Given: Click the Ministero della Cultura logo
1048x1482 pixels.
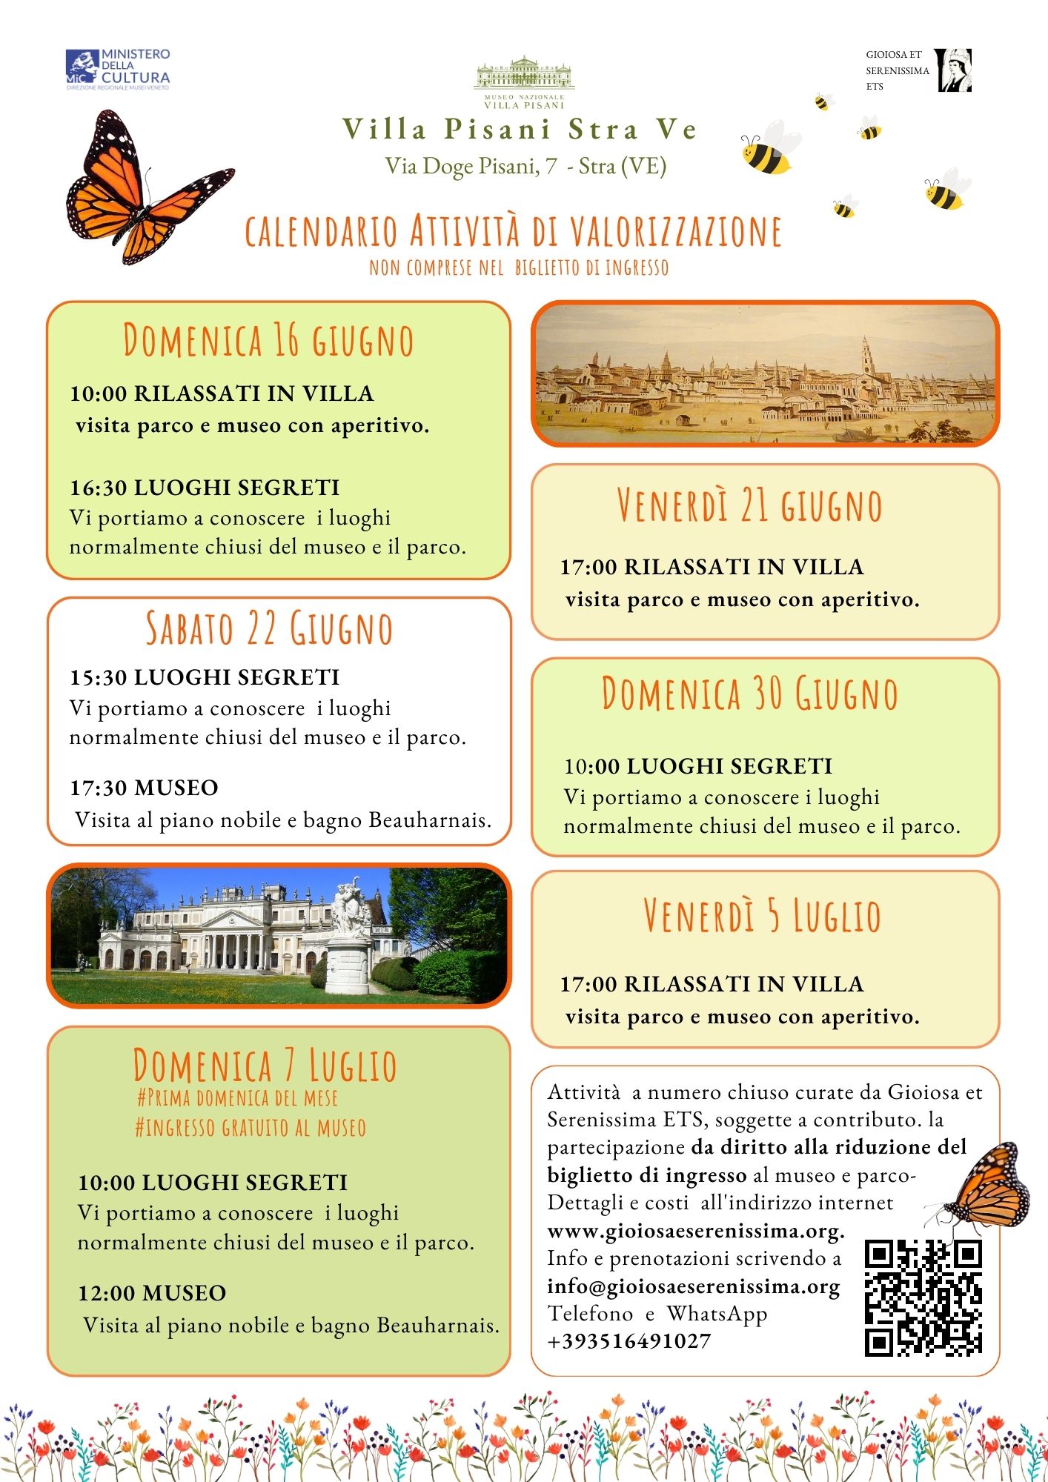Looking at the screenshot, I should point(118,70).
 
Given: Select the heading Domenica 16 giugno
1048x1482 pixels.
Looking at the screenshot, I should point(268,341).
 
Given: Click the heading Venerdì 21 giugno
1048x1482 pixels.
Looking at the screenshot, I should point(749,505).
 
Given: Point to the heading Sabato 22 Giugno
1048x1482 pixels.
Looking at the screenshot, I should point(268,628).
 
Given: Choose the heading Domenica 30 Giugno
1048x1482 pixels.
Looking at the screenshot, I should point(749,694).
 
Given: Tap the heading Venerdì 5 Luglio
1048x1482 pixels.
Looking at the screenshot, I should point(762,915).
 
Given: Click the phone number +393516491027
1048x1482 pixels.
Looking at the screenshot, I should point(629,1341).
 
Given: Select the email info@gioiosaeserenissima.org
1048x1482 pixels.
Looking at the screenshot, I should point(693,1286).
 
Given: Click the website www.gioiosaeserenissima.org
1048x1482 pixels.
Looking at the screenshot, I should point(695,1231).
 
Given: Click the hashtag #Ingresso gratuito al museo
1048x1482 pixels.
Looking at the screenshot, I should point(251,1128).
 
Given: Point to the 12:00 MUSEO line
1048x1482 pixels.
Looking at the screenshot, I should point(153,1293).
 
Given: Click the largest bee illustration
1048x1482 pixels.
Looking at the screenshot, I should point(769,149).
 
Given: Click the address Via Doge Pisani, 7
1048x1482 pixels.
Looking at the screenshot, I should point(471,166).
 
